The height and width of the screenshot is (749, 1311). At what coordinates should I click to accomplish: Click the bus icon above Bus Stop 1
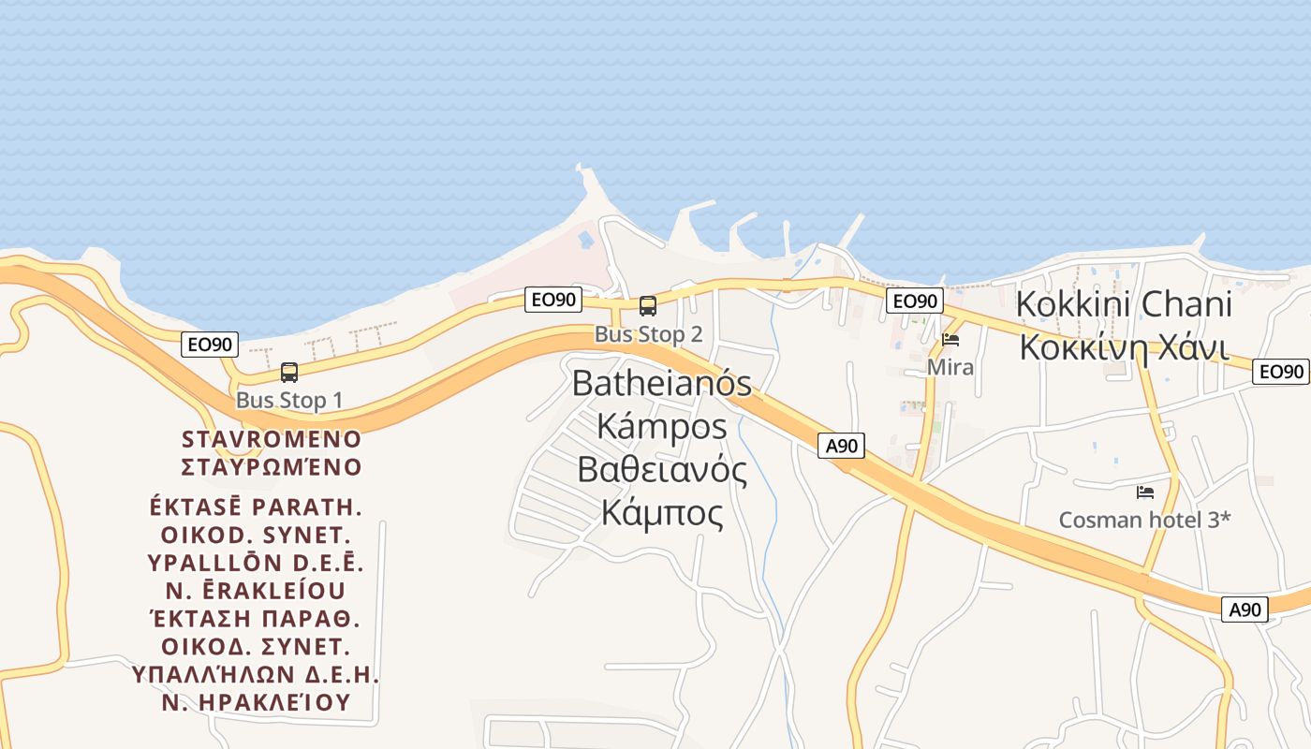289,373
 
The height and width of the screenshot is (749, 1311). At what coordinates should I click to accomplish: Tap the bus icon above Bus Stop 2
648,305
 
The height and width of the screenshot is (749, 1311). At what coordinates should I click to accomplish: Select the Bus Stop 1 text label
289,401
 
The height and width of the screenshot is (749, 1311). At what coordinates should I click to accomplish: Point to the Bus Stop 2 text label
648,334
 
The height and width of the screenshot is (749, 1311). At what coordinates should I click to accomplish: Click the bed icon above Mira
950,339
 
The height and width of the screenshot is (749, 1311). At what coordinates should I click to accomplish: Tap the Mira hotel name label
950,367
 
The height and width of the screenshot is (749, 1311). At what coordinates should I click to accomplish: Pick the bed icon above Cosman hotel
1144,492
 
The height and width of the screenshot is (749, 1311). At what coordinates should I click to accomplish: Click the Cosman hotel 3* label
1144,520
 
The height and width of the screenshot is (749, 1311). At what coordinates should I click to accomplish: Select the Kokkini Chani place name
1124,304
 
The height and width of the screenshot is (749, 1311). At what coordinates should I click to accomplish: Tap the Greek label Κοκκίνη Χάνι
1124,347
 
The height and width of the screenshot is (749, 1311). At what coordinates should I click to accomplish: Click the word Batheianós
662,383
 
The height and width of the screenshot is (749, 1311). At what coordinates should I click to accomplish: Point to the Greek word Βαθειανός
662,469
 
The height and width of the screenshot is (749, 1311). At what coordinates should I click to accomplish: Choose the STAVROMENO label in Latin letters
272,439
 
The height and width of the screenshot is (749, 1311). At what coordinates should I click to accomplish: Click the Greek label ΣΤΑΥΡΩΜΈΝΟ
272,466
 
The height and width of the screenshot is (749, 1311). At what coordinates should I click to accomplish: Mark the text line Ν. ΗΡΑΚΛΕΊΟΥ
257,702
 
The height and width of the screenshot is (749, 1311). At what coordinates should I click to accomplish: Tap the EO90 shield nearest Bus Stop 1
210,345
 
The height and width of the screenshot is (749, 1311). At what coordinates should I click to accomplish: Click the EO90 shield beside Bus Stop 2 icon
552,300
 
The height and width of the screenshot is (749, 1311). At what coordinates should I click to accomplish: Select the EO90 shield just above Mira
914,301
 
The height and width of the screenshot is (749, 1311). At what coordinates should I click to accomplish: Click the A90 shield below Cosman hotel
1245,609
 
